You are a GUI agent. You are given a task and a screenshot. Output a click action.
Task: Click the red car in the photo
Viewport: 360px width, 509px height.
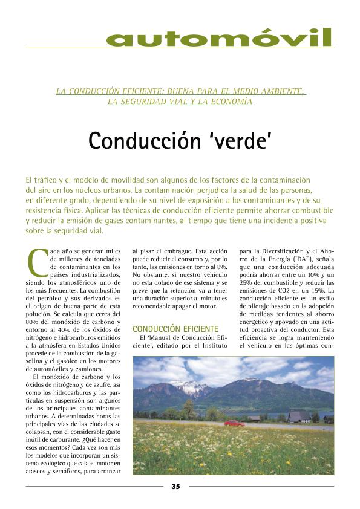coord(234,423)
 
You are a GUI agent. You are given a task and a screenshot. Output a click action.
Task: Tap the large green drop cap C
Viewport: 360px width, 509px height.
coord(37,261)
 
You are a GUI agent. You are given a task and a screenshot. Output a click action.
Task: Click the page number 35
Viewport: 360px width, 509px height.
coord(175,486)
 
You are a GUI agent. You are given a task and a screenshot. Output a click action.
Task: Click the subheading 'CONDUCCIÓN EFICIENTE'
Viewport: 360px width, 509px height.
coord(175,329)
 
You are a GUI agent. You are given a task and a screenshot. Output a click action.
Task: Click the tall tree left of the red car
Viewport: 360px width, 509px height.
coord(189,409)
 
